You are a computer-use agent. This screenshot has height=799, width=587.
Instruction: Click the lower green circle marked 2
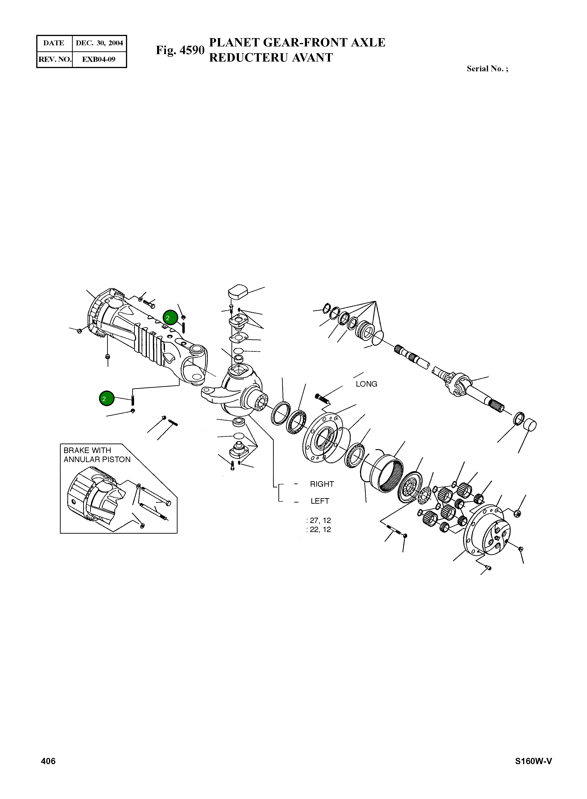(x=107, y=399)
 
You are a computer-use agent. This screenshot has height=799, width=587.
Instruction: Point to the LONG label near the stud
(x=366, y=384)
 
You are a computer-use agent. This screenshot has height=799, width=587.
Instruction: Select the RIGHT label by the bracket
(x=322, y=484)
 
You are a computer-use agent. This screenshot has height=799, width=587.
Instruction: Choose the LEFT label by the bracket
(x=320, y=501)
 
